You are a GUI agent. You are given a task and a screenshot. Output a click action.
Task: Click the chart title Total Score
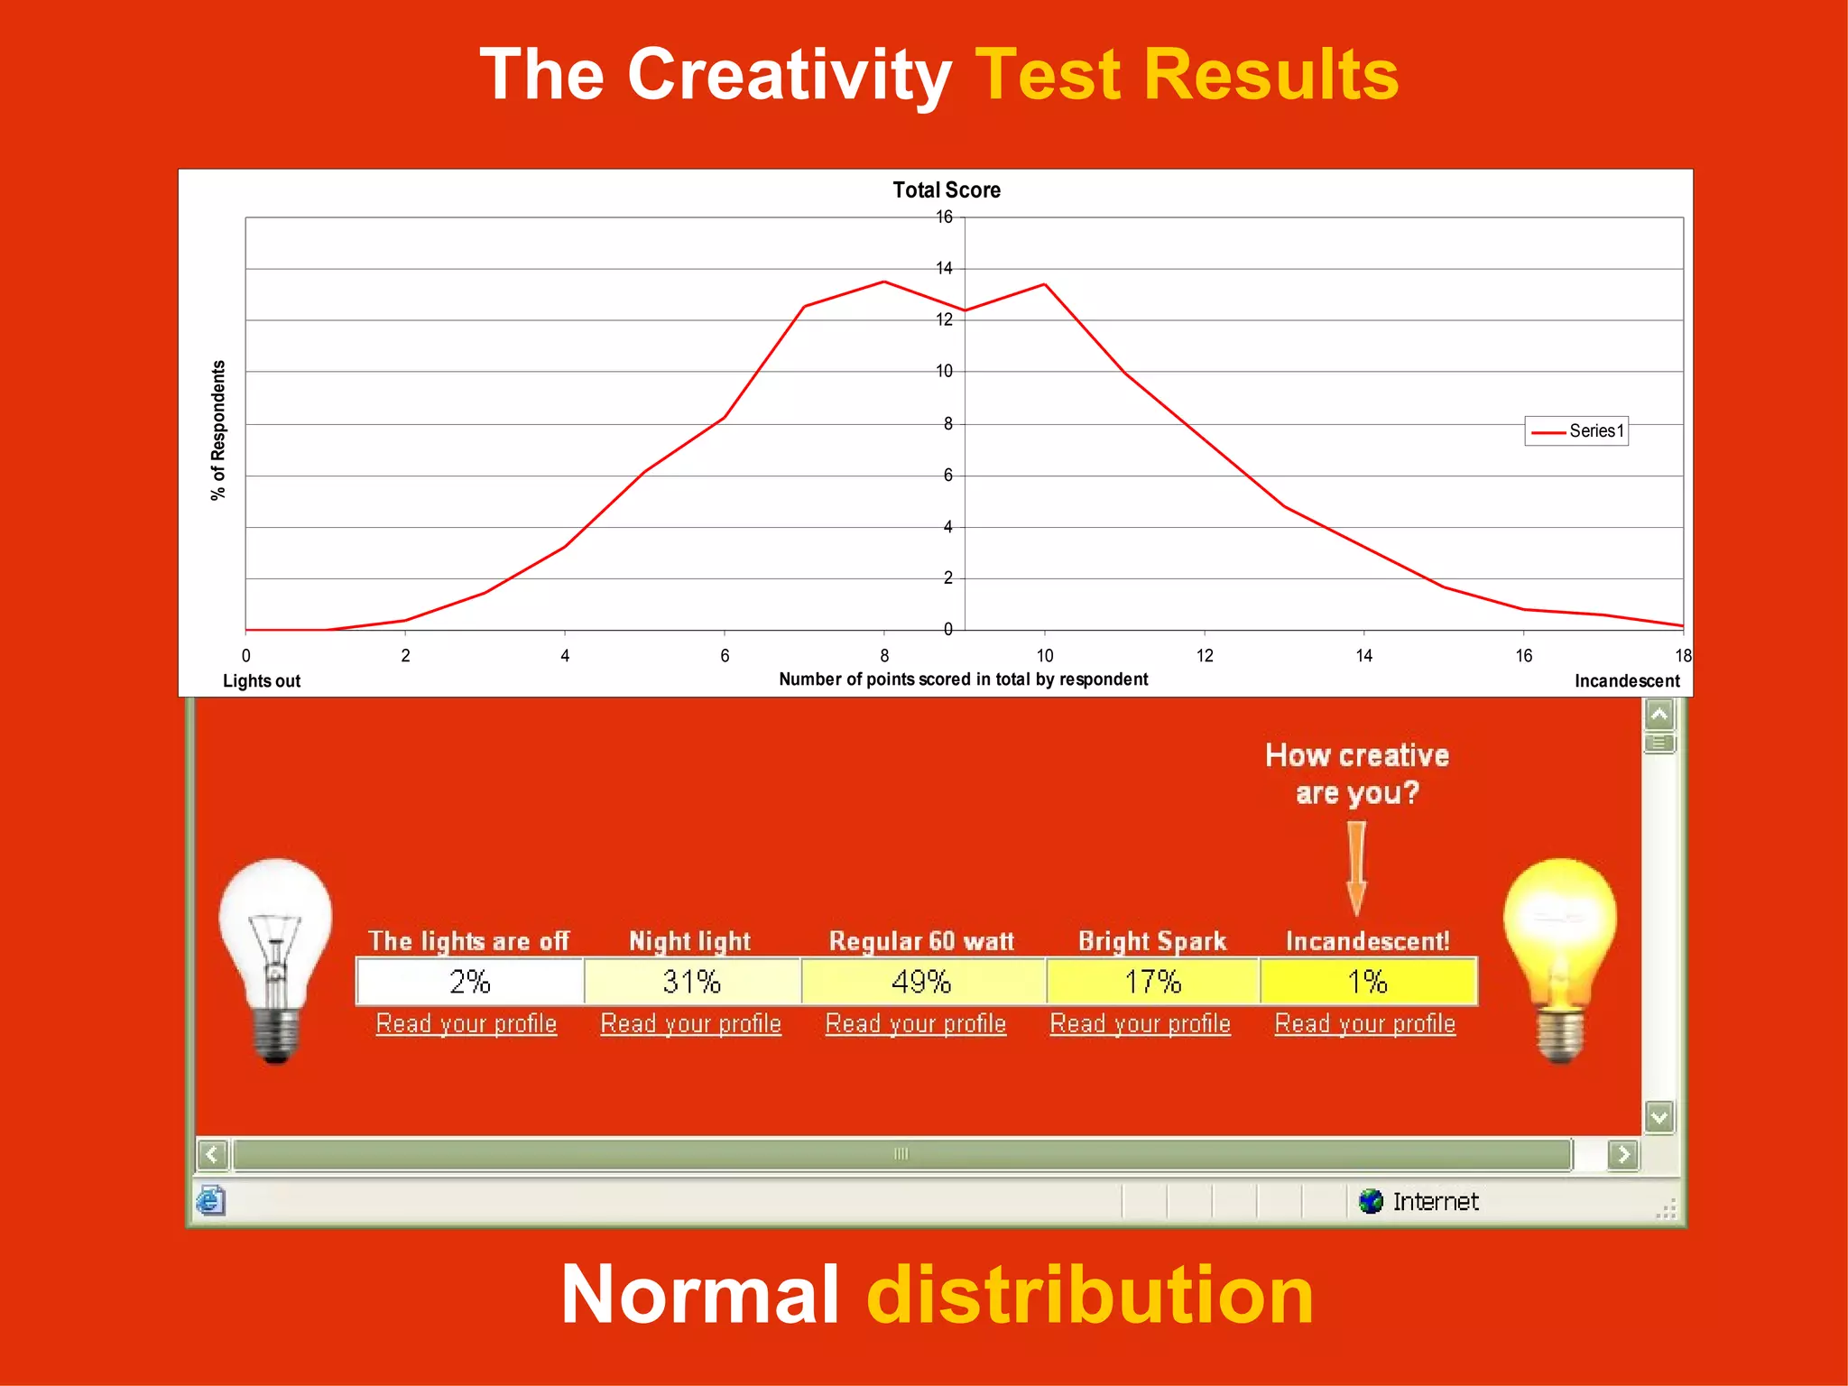[946, 190]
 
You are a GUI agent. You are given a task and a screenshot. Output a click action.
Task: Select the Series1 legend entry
[1576, 431]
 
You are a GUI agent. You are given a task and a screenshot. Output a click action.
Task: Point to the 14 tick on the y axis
[944, 269]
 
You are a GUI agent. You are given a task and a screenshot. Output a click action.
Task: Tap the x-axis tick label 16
[1523, 656]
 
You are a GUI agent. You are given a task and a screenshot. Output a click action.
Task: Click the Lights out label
[262, 681]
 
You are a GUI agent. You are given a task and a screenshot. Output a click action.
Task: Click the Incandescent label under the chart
[1626, 681]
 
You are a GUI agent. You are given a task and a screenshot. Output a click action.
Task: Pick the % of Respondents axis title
[218, 430]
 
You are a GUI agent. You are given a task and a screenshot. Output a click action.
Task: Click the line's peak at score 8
[884, 282]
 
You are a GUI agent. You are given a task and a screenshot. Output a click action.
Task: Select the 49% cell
[922, 982]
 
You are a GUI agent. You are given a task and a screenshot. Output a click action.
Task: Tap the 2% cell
[469, 982]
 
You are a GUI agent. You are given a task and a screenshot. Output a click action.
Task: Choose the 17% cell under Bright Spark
[1152, 982]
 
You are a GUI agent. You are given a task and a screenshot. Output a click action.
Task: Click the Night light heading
[689, 941]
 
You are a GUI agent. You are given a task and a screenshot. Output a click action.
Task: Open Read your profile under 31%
[690, 1024]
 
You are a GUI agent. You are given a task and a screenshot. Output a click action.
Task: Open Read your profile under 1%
[1364, 1024]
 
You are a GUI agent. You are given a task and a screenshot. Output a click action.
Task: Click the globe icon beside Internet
[1371, 1201]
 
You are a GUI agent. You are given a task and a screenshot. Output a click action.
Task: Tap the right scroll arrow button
[1623, 1154]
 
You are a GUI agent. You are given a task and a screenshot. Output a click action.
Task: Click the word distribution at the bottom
[1089, 1295]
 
